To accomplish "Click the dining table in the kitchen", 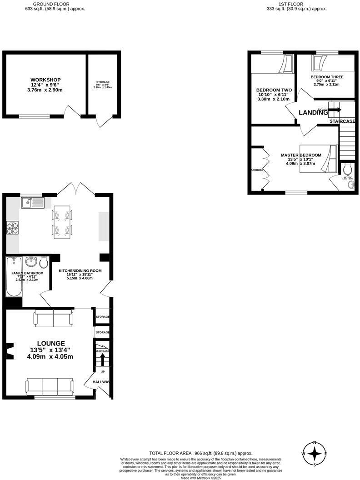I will (62, 222).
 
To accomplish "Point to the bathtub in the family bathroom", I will (14, 277).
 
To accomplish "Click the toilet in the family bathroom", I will (44, 262).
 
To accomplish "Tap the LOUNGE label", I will (51, 343).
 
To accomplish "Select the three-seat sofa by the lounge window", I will (50, 386).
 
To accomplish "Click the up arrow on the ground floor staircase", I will (102, 360).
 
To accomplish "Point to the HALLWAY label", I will (101, 382).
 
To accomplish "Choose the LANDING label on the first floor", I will (313, 112).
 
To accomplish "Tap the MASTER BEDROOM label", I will (300, 155).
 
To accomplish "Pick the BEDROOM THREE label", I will (327, 77).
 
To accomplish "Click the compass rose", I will (315, 454).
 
